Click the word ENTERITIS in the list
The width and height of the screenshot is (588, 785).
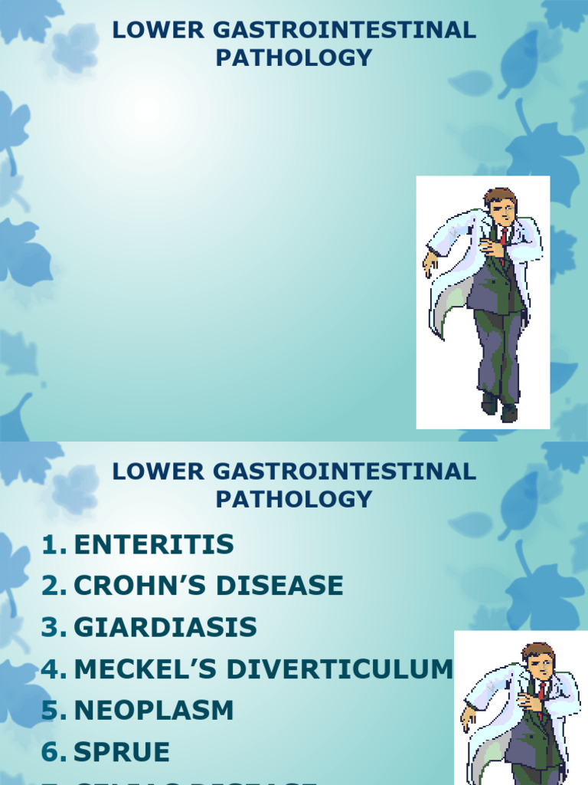153,545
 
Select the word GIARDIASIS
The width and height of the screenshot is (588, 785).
165,628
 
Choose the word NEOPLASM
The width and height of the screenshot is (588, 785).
153,711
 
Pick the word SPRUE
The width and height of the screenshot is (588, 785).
122,752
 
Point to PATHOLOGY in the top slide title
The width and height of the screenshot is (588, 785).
294,57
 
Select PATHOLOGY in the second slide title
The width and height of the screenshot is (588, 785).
294,499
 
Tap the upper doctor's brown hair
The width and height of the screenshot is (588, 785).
499,195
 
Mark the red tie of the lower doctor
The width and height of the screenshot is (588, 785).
541,691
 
